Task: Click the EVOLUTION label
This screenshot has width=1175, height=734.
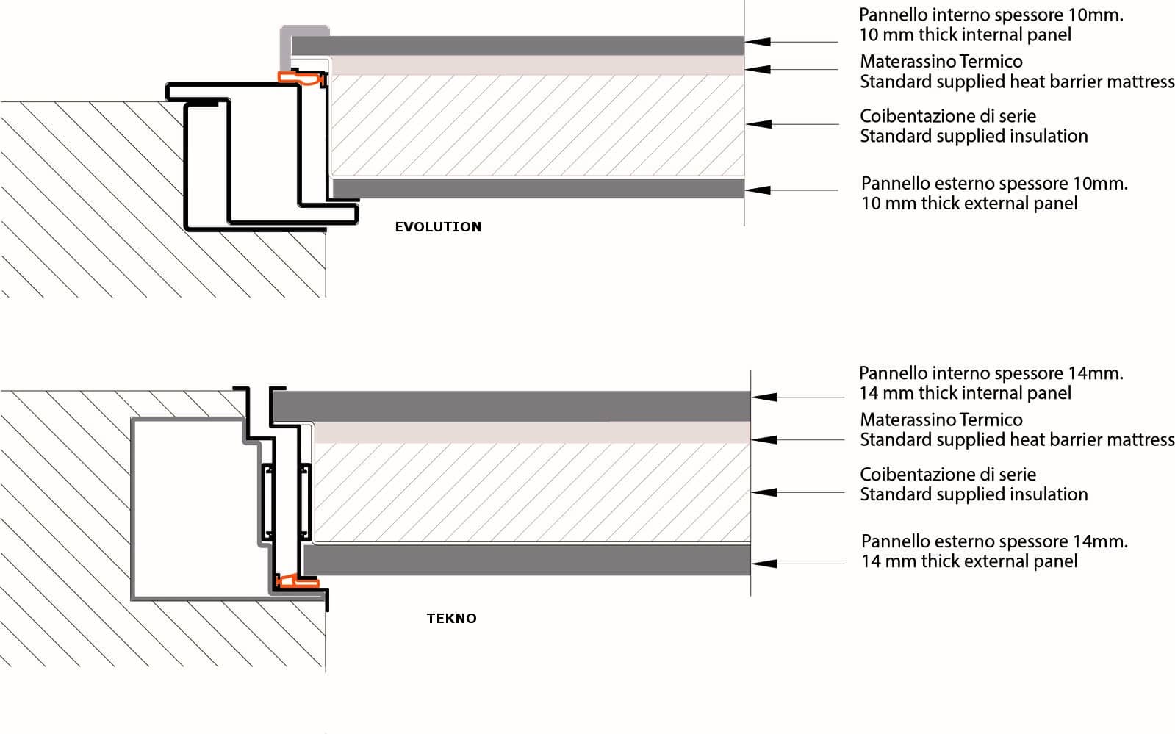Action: point(438,227)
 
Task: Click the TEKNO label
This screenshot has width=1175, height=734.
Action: point(451,619)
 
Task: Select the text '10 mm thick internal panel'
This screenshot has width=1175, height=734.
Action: point(965,35)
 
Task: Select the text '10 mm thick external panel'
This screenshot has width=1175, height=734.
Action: point(969,204)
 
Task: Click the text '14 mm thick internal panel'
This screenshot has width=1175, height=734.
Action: point(965,393)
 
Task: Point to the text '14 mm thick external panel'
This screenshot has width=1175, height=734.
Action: point(969,561)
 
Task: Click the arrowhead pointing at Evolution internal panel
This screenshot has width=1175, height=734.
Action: point(758,42)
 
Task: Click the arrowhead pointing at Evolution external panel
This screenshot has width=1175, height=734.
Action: point(758,190)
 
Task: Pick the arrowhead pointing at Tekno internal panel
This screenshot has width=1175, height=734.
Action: point(764,397)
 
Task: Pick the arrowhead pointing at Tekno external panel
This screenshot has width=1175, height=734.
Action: point(764,564)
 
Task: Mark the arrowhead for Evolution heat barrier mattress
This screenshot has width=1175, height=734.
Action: point(758,70)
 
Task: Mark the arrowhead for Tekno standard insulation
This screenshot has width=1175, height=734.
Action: point(764,492)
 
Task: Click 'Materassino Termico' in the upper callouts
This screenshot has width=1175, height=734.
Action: point(941,62)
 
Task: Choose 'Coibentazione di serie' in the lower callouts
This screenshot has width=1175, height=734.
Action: point(947,475)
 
